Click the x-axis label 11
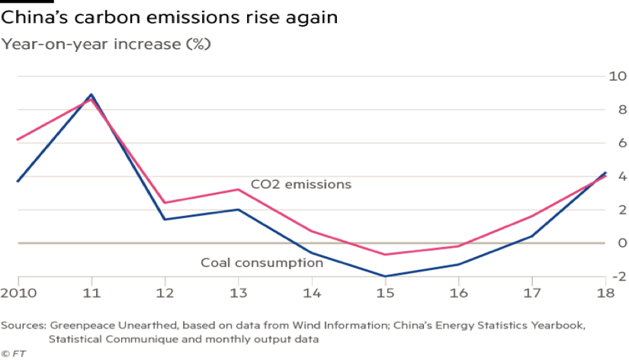(x=91, y=293)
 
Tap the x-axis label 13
(x=239, y=293)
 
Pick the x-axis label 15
(x=386, y=293)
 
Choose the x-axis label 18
(x=605, y=293)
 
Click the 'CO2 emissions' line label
(x=300, y=185)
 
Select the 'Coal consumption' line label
(x=262, y=263)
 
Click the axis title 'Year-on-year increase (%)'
(x=106, y=44)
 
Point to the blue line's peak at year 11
(x=91, y=95)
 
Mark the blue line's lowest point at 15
(x=386, y=275)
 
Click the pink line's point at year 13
(x=239, y=189)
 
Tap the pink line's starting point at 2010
(x=18, y=140)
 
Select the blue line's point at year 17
(x=532, y=236)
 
